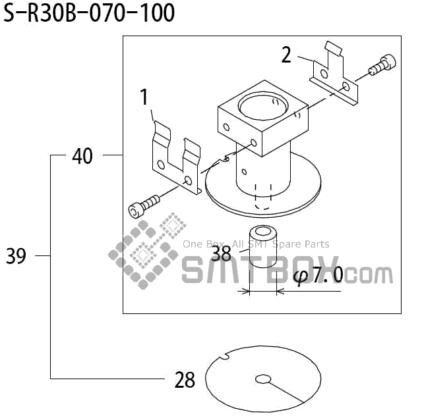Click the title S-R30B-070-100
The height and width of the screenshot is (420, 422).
90,13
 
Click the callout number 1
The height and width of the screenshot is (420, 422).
144,97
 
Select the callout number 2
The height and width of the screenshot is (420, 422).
286,55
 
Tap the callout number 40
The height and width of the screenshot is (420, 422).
82,157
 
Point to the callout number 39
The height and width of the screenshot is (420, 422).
16,256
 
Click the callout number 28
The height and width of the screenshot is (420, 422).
185,380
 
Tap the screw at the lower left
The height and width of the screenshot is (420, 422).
142,205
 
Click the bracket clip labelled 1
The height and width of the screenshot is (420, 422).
176,161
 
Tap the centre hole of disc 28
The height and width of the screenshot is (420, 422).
263,379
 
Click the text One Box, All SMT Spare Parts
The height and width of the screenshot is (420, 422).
256,244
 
